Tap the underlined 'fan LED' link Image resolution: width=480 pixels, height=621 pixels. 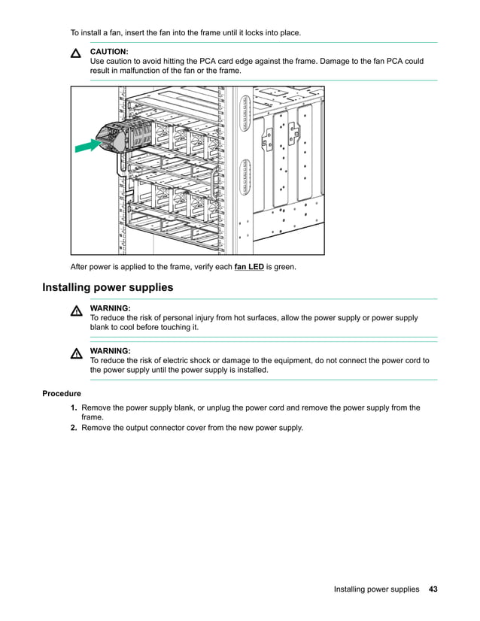249,267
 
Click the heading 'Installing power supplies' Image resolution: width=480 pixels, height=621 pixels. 108,288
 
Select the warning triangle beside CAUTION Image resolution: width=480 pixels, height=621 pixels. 76,55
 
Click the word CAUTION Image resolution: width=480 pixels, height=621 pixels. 109,51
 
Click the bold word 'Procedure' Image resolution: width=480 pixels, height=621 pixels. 62,393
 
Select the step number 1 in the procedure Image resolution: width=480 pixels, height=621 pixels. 74,407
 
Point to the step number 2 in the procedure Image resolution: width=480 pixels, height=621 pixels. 74,428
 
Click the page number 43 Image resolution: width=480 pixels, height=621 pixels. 433,589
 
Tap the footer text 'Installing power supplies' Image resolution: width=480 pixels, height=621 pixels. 376,589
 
